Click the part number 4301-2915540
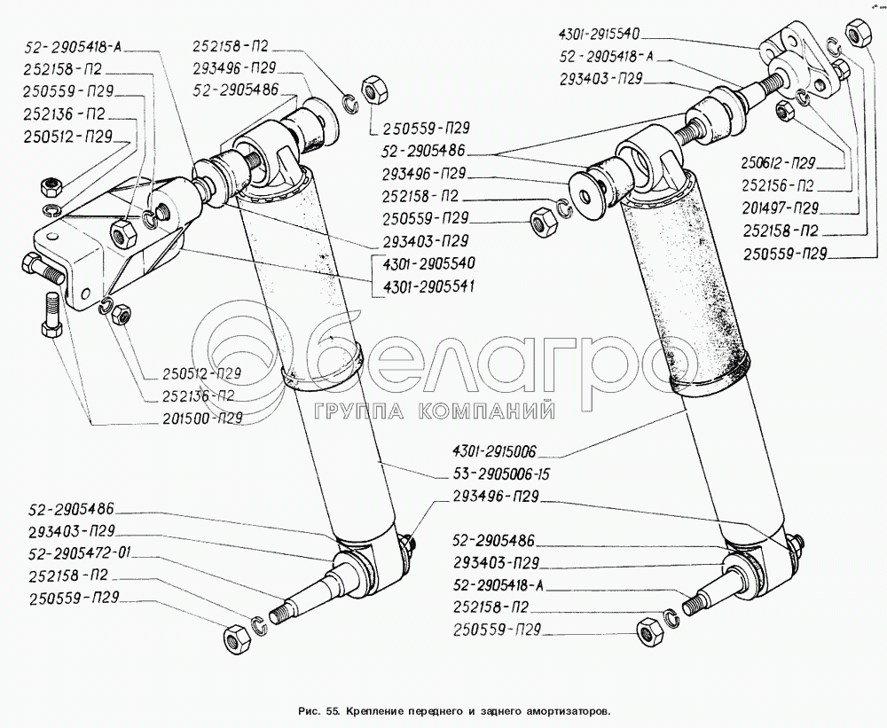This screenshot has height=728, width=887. (x=599, y=35)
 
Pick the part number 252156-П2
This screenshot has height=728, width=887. (x=781, y=186)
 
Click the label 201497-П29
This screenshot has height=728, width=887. (x=781, y=209)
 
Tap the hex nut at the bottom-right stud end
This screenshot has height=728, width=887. (x=647, y=629)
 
